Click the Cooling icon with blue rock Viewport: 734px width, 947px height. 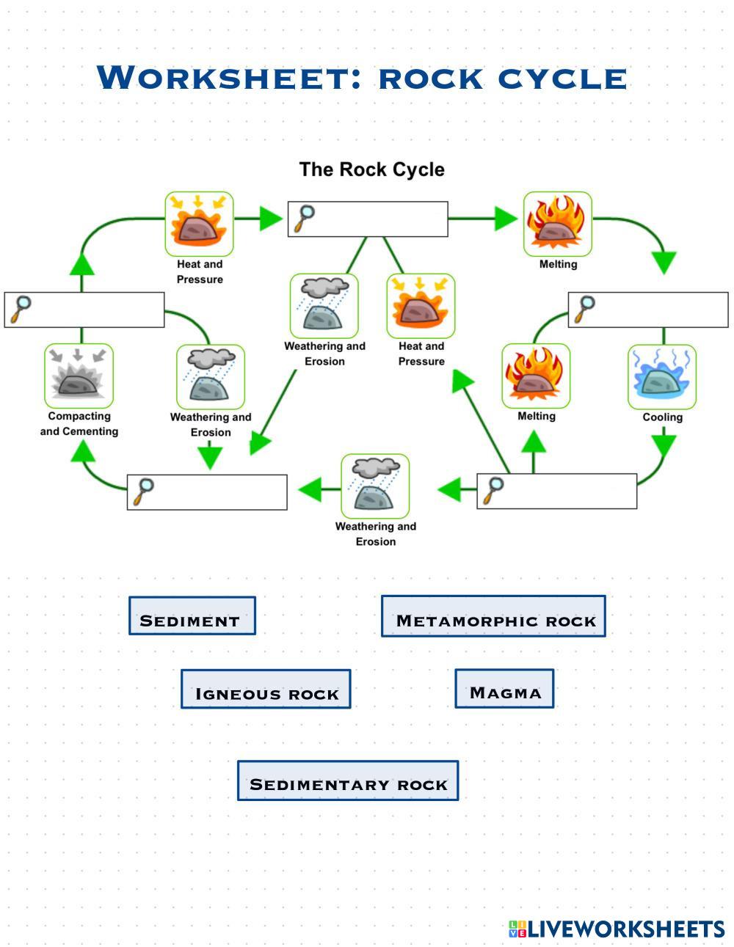662,377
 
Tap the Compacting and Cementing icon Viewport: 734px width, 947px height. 79,376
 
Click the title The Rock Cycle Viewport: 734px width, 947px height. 371,169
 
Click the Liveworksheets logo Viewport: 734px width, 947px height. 617,929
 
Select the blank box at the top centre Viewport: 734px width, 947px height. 368,219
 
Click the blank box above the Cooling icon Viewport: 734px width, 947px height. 648,310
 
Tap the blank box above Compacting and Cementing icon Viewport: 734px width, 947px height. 84,310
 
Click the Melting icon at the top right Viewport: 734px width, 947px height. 557,224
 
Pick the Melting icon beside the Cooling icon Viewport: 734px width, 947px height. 536,376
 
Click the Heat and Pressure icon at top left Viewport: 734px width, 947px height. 199,224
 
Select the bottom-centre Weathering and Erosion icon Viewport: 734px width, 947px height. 375,486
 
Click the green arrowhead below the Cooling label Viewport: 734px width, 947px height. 664,445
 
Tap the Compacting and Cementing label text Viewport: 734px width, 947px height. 79,424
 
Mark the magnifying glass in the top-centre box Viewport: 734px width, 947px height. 304,218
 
